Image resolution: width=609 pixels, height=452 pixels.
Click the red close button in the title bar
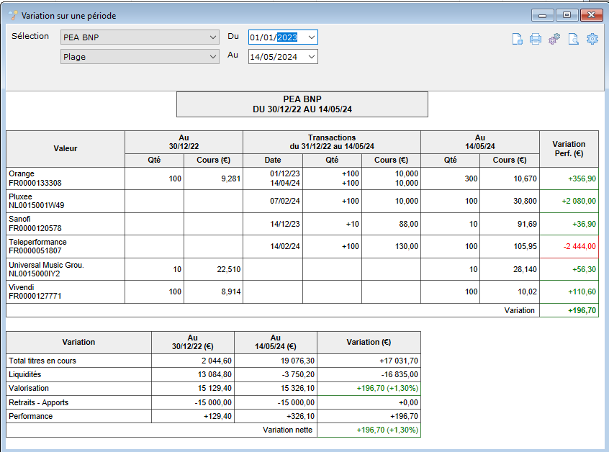coord(591,15)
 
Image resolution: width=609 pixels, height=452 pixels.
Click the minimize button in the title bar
coord(543,15)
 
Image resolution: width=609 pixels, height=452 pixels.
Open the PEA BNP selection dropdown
coord(140,37)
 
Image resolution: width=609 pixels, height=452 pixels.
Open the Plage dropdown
coord(140,57)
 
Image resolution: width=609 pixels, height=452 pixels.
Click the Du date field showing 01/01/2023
coord(283,37)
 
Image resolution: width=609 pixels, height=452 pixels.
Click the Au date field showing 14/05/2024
coord(283,57)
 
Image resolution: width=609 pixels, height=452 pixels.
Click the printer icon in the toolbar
coord(535,39)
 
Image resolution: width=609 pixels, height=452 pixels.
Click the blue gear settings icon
coord(592,39)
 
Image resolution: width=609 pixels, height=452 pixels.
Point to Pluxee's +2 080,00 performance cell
coord(569,201)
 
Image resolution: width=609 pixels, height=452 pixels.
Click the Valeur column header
coord(66,148)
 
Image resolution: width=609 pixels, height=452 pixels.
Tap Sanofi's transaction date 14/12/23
coord(284,224)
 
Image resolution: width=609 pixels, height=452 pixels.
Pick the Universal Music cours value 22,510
coord(229,269)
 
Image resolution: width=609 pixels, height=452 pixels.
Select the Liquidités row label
coord(25,374)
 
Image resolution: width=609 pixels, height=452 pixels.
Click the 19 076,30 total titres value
coord(297,361)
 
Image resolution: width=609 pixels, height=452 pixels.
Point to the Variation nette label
coord(287,430)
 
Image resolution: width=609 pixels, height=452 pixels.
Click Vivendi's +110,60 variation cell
coord(569,291)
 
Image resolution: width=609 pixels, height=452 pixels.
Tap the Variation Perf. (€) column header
coord(569,149)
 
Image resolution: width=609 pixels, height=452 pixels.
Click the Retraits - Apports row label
coord(38,402)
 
